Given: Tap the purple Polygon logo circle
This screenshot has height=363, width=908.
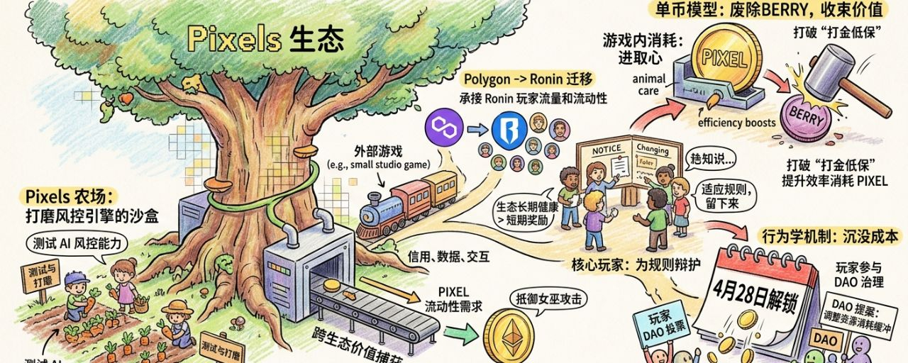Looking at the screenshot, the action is [443, 129].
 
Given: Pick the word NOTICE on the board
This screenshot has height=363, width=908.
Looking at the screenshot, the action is [605, 148].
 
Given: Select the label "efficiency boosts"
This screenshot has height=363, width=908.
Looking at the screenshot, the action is [737, 123].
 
